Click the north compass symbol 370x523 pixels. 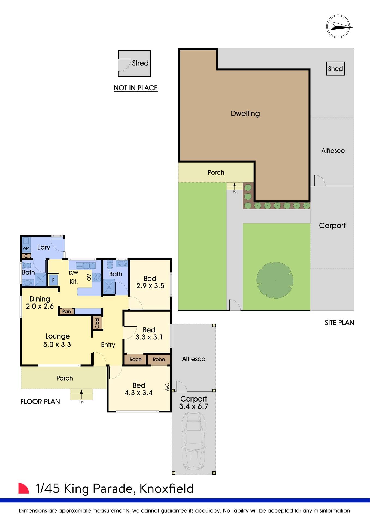338,26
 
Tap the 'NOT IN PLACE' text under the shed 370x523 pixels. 135,88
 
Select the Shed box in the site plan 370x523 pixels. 335,69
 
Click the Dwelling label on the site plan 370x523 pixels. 245,114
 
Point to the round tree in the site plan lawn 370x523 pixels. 275,280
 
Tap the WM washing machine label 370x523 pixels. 26,248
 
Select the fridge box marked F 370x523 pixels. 53,280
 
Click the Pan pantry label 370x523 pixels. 66,311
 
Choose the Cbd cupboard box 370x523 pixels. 97,323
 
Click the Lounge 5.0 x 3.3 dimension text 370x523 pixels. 57,345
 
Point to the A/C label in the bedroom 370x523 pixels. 167,387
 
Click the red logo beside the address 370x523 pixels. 23,488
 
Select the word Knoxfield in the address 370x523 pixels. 166,489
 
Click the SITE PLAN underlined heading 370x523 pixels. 339,323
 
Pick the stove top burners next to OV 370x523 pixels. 97,277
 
